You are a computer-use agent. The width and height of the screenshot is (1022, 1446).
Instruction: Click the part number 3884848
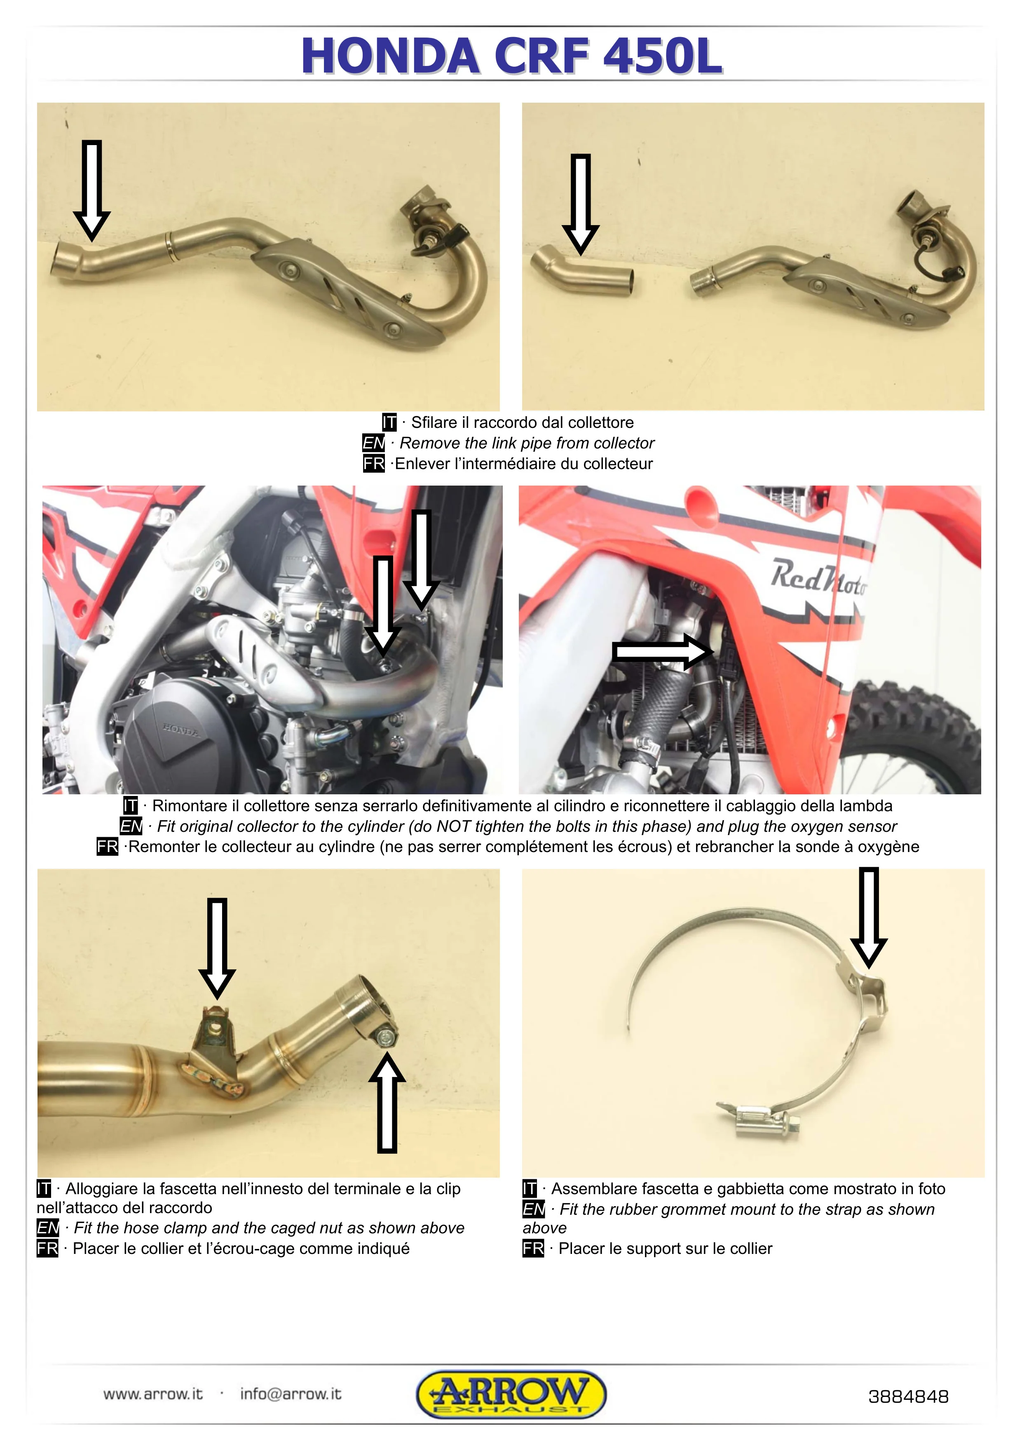pyautogui.click(x=907, y=1397)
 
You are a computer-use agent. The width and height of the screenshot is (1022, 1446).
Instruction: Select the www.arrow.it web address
pyautogui.click(x=153, y=1394)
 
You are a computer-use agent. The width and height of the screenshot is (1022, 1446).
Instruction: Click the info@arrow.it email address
pyautogui.click(x=290, y=1394)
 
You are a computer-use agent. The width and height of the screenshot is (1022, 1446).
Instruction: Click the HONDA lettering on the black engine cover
pyautogui.click(x=181, y=730)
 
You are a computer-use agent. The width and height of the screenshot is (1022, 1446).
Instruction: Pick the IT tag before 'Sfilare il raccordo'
pyautogui.click(x=389, y=422)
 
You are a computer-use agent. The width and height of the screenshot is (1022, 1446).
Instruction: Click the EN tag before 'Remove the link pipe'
pyautogui.click(x=373, y=443)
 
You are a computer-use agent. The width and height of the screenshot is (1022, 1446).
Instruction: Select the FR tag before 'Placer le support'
pyautogui.click(x=533, y=1248)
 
